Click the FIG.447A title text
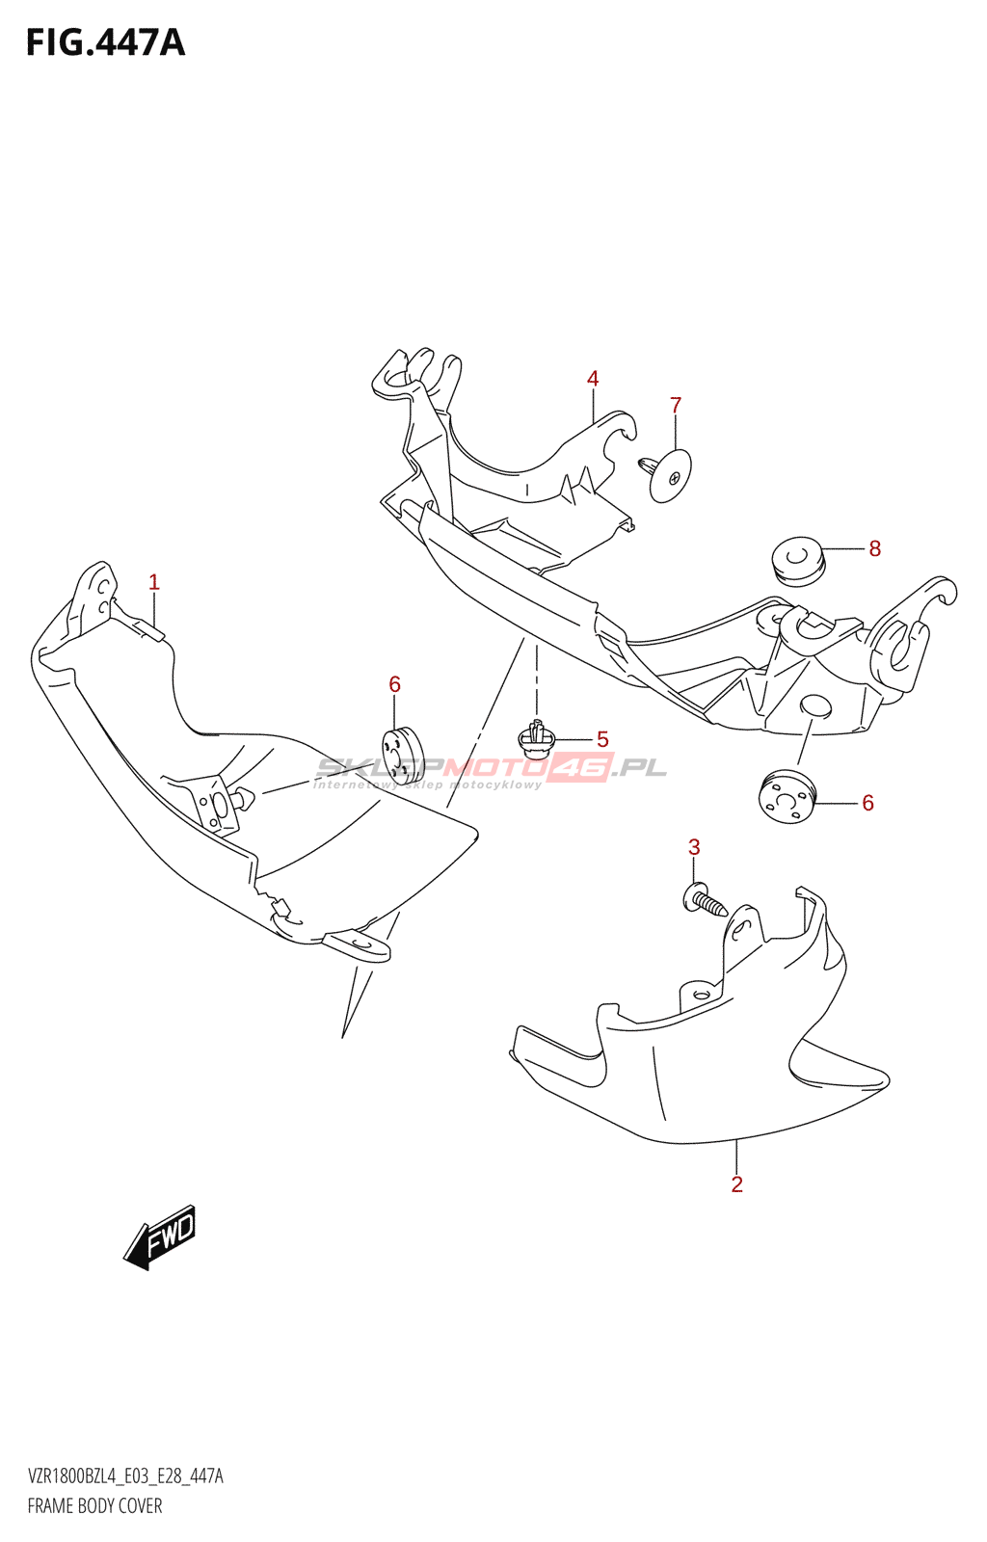[106, 42]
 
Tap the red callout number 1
[154, 582]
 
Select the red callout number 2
[736, 1184]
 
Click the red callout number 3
[694, 847]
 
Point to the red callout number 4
[593, 378]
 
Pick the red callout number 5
[602, 739]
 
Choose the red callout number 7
[676, 406]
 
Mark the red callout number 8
[874, 548]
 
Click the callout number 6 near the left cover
[394, 684]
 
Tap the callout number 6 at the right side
[867, 803]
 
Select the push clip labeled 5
[536, 739]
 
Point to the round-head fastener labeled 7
[665, 474]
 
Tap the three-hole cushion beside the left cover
[403, 756]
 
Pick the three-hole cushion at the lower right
[786, 799]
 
